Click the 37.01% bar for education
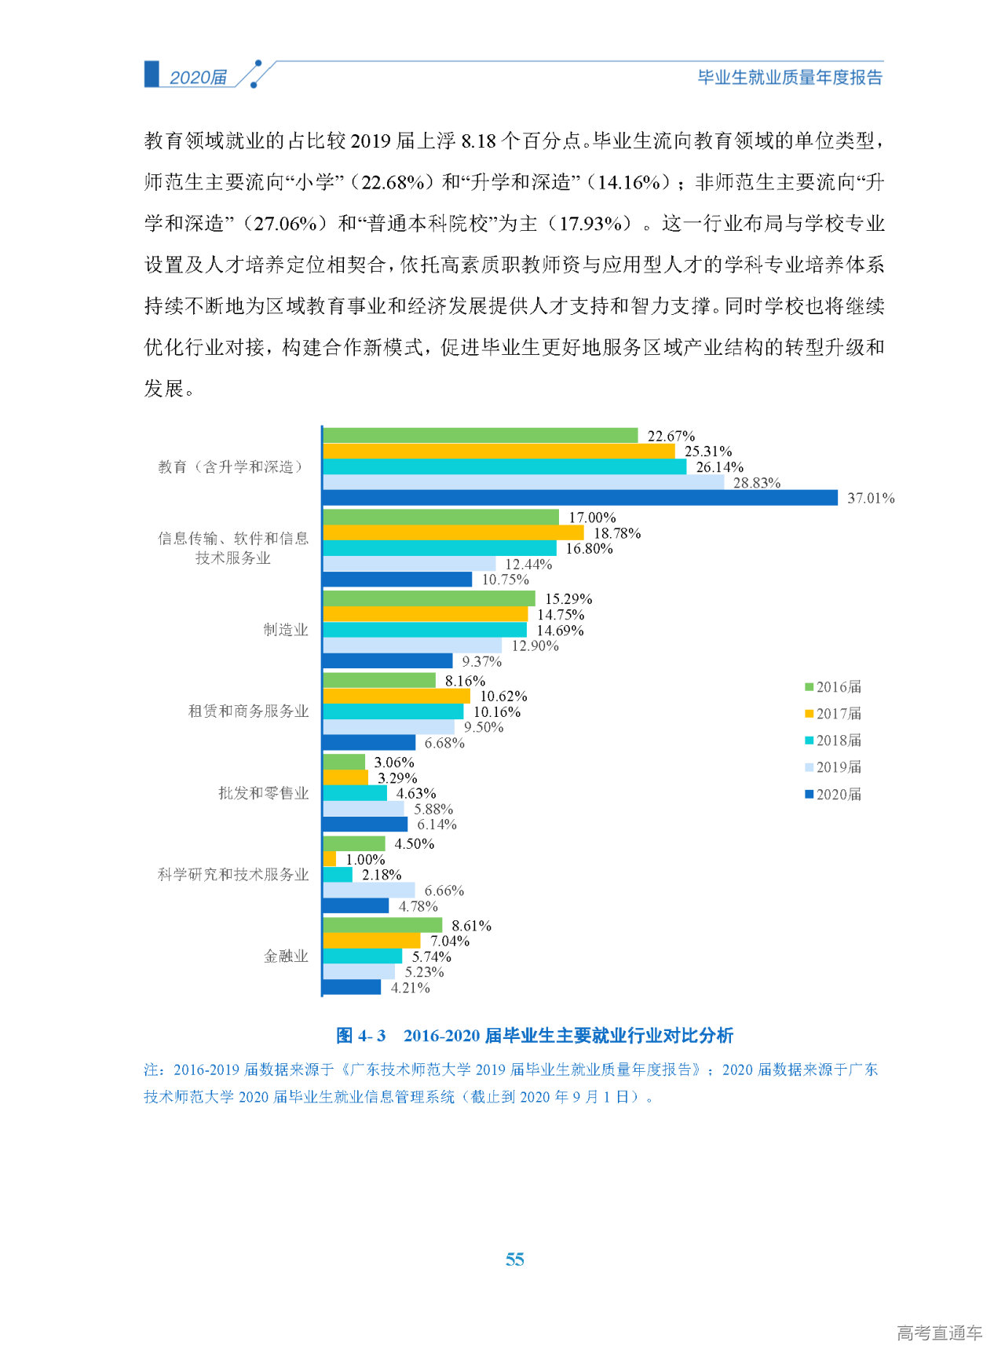point(580,498)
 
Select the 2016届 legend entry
point(833,687)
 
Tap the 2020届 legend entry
point(833,795)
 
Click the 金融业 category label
point(286,956)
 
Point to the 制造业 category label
point(286,630)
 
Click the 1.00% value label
point(365,860)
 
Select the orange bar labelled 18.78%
point(453,533)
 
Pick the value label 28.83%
point(756,483)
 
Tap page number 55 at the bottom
point(514,1260)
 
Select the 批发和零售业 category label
point(264,793)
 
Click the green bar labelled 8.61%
point(382,926)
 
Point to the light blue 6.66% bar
point(369,890)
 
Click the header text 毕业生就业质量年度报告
point(790,77)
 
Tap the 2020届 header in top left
point(198,77)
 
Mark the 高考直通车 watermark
point(939,1333)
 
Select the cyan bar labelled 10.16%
point(393,711)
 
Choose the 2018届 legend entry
point(833,741)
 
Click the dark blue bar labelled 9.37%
point(388,661)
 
